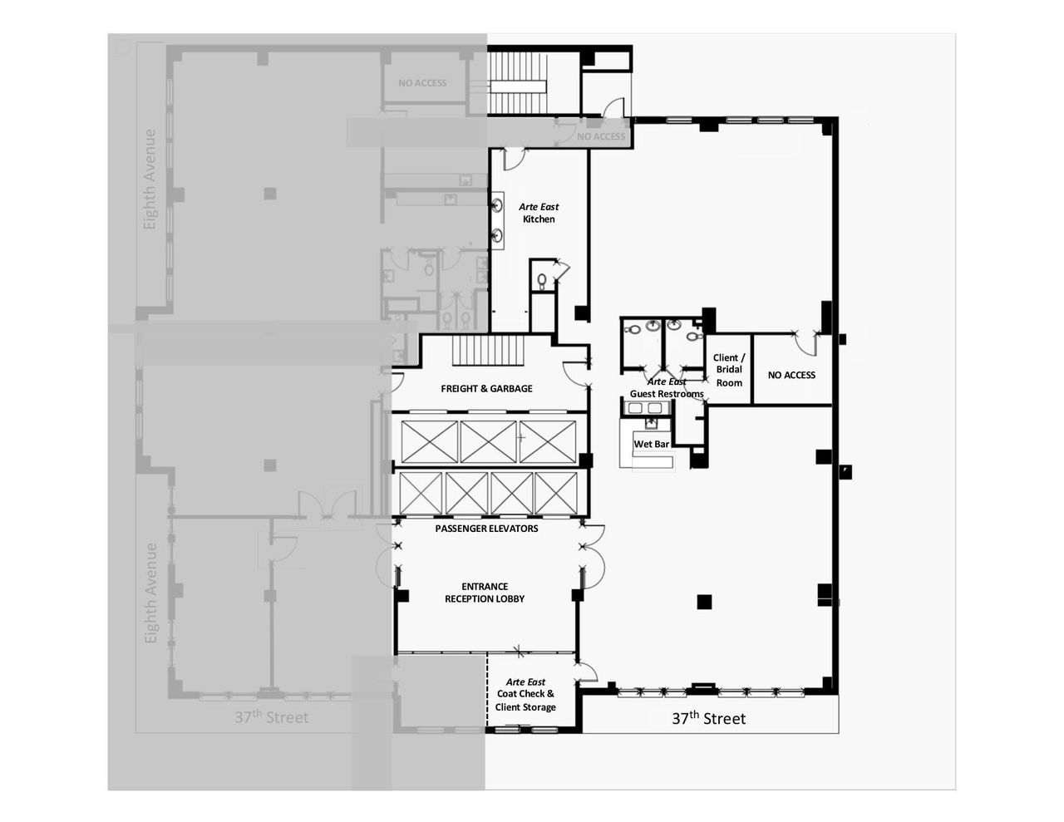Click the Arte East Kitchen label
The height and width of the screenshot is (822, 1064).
539,213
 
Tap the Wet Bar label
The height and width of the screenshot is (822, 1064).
651,445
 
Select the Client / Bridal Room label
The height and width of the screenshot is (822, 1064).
729,370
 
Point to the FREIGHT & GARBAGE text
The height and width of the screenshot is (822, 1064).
486,388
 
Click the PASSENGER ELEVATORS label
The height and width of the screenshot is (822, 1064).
486,529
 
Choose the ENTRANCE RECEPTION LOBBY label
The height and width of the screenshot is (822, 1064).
485,592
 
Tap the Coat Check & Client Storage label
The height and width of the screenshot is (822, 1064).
525,695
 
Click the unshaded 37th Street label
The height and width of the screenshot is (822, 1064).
708,718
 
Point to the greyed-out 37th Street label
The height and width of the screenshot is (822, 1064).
271,716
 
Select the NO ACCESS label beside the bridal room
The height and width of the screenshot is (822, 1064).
791,375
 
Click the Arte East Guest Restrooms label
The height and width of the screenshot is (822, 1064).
667,388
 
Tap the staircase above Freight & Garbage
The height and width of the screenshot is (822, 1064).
489,349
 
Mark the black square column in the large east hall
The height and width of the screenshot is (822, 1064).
705,602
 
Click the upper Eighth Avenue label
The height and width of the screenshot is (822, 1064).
150,179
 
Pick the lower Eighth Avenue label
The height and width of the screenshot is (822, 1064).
150,593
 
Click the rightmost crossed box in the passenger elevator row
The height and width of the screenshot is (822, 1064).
556,493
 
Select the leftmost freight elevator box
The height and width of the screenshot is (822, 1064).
430,441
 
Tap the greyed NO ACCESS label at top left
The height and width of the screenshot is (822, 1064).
422,83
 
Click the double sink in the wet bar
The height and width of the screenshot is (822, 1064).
645,408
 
